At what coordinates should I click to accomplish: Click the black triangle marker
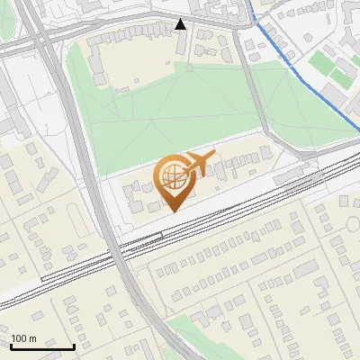click(x=181, y=24)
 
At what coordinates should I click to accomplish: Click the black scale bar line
click(x=42, y=346)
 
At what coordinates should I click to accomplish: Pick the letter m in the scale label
click(x=33, y=338)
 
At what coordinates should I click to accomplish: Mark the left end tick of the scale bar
click(x=12, y=346)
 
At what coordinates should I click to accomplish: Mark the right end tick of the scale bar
click(x=74, y=346)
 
